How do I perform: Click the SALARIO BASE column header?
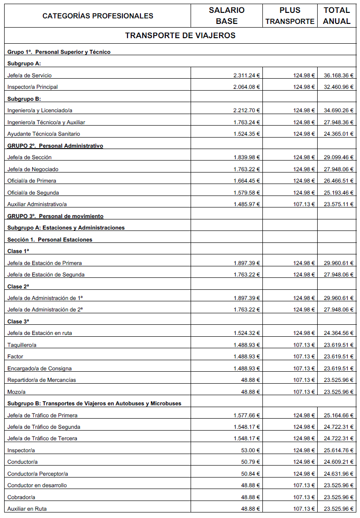point(226,16)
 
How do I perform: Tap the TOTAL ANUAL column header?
point(337,16)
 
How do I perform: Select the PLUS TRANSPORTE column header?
point(290,16)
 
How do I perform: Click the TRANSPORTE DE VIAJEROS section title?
point(180,35)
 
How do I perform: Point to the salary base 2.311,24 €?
point(247,75)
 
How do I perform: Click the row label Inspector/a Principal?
point(33,87)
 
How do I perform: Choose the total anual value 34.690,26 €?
point(339,110)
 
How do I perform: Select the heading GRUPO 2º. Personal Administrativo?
point(55,146)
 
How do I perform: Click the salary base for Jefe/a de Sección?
point(247,157)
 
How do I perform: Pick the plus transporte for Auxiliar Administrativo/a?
point(304,204)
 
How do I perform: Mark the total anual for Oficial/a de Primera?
point(339,181)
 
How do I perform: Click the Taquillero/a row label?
point(22,345)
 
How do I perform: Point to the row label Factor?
point(15,357)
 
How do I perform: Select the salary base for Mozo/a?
point(250,392)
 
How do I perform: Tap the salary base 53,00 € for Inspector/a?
point(250,450)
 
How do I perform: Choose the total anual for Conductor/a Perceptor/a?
point(339,474)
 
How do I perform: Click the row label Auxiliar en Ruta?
point(27,509)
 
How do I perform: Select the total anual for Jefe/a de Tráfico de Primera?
point(339,415)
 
